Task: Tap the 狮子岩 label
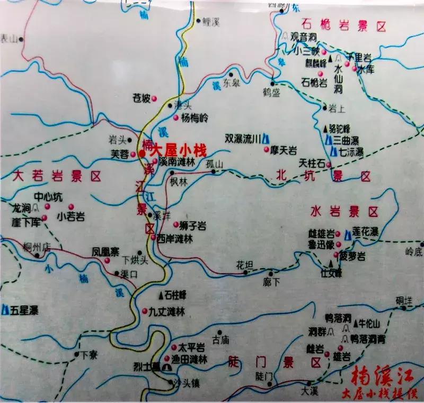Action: click(x=193, y=226)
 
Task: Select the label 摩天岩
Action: click(x=285, y=150)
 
